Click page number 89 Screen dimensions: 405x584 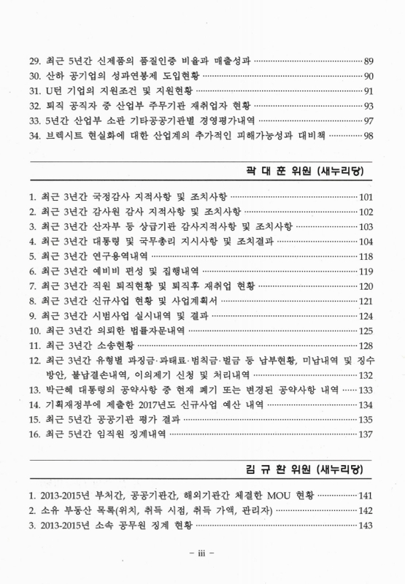[368, 61]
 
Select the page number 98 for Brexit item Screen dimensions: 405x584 [368, 135]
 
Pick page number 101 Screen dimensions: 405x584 [366, 197]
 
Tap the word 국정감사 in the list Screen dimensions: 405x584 [107, 197]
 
